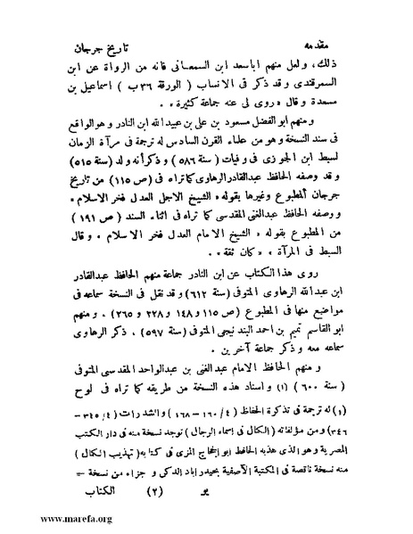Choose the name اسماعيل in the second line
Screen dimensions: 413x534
(120, 83)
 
